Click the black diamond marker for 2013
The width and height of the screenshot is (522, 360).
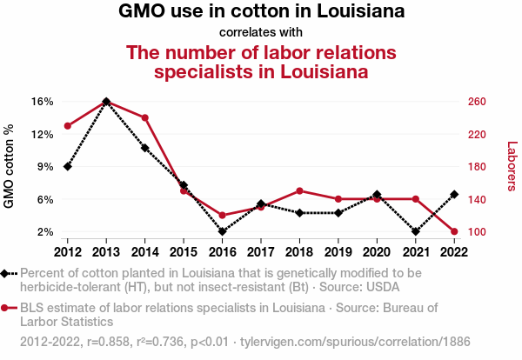[x=106, y=102]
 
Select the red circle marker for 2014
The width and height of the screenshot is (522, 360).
[x=144, y=118]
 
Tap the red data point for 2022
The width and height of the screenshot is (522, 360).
[x=454, y=232]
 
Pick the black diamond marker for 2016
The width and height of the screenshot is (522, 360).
[x=222, y=232]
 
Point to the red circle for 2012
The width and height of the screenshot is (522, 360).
[x=67, y=126]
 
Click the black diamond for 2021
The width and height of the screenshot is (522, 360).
[x=415, y=232]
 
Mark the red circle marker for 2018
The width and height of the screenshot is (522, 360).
[x=299, y=190]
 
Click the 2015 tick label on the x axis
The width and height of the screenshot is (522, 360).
[x=184, y=252]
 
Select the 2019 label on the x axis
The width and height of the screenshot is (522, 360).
[x=338, y=252]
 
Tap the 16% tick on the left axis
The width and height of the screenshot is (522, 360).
[x=43, y=102]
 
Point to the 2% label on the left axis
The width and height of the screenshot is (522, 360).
[x=46, y=232]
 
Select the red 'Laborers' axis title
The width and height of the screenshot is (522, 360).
[x=512, y=167]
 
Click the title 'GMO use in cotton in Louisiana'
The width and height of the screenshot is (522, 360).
[x=261, y=12]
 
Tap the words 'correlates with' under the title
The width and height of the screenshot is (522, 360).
[x=261, y=32]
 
